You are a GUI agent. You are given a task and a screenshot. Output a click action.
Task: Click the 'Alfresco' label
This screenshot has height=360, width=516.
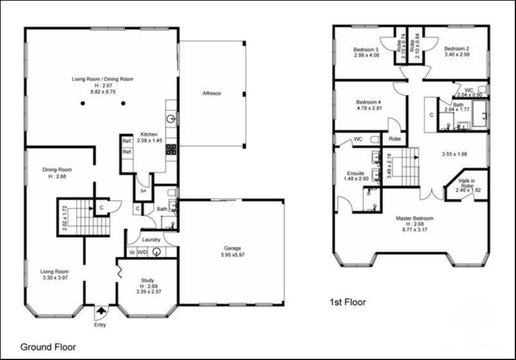point(212,94)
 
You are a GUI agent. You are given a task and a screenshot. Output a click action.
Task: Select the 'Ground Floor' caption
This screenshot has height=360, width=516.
point(48,346)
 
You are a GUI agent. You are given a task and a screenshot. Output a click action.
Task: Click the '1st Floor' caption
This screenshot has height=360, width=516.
point(348,301)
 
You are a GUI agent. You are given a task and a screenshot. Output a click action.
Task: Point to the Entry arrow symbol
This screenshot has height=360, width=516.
point(100,312)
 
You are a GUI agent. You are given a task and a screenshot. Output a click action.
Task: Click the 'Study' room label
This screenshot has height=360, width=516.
point(148,280)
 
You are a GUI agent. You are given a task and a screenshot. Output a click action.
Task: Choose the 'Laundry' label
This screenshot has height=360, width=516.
point(150,239)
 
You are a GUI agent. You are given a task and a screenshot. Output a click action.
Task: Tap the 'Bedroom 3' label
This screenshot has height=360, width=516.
point(366,49)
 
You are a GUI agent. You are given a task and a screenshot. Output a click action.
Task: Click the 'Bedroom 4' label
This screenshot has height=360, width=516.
point(370,102)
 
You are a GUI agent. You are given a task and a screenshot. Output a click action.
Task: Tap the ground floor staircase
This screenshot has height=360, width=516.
point(83,217)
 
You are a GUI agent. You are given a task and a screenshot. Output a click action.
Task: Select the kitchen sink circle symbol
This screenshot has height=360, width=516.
point(172,119)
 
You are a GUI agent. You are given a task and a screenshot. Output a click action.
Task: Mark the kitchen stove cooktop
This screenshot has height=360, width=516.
point(172,149)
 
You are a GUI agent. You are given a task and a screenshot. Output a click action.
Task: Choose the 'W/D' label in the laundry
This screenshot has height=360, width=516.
point(142,252)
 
